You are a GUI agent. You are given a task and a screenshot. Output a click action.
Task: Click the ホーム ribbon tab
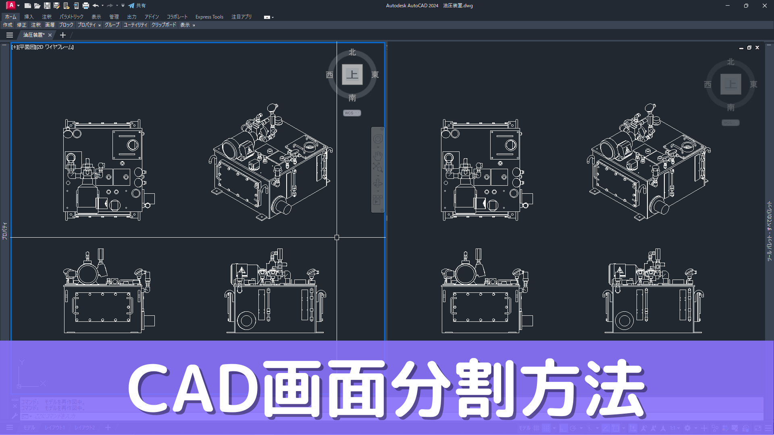pyautogui.click(x=10, y=17)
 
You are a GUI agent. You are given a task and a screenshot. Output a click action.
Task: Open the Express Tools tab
pyautogui.click(x=209, y=17)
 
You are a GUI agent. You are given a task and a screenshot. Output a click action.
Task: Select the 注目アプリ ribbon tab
pyautogui.click(x=241, y=17)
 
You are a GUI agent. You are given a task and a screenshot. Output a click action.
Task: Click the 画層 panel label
pyautogui.click(x=50, y=25)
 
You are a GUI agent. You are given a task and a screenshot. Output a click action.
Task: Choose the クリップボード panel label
pyautogui.click(x=164, y=25)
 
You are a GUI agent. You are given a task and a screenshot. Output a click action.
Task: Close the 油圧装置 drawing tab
pyautogui.click(x=50, y=35)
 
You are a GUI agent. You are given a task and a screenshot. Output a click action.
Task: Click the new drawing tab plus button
pyautogui.click(x=63, y=35)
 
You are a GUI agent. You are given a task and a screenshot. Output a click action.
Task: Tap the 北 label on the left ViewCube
pyautogui.click(x=352, y=52)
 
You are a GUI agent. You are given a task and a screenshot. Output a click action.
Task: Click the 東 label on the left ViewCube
pyautogui.click(x=375, y=75)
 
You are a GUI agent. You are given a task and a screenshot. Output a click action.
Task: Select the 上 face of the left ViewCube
pyautogui.click(x=352, y=75)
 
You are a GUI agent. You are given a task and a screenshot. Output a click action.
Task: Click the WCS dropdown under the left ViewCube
pyautogui.click(x=352, y=113)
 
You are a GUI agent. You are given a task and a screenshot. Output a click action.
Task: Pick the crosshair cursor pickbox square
pyautogui.click(x=337, y=238)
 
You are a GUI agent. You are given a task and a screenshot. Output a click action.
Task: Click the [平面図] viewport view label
pyautogui.click(x=27, y=47)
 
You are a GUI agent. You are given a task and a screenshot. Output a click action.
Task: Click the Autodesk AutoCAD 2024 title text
pyautogui.click(x=412, y=6)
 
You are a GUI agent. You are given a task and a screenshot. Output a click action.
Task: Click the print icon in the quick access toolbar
pyautogui.click(x=85, y=6)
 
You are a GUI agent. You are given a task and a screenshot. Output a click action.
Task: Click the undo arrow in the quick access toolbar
pyautogui.click(x=96, y=6)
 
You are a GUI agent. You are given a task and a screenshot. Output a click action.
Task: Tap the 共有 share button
pyautogui.click(x=137, y=6)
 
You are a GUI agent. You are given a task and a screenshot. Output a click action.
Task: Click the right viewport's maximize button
pyautogui.click(x=749, y=48)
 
